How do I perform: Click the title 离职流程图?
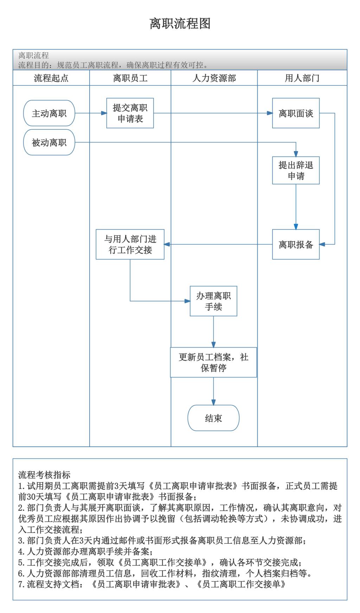pos(180,24)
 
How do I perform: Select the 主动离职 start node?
pos(49,113)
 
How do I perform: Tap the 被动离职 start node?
pos(49,142)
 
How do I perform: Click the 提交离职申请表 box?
pos(130,113)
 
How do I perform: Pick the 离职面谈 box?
pos(296,113)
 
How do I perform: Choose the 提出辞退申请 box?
pos(296,170)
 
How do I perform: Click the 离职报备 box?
pos(296,245)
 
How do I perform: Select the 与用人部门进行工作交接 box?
pos(130,245)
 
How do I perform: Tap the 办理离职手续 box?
pos(213,301)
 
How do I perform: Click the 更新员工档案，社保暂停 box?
pos(213,362)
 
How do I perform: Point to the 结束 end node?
pos(213,418)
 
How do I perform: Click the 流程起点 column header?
pos(51,78)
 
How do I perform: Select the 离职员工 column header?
pos(130,78)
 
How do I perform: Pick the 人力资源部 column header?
pos(214,78)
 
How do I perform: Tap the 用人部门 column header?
pos(302,78)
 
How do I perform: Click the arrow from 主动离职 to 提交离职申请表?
pos(91,113)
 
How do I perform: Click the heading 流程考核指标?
pos(44,475)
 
